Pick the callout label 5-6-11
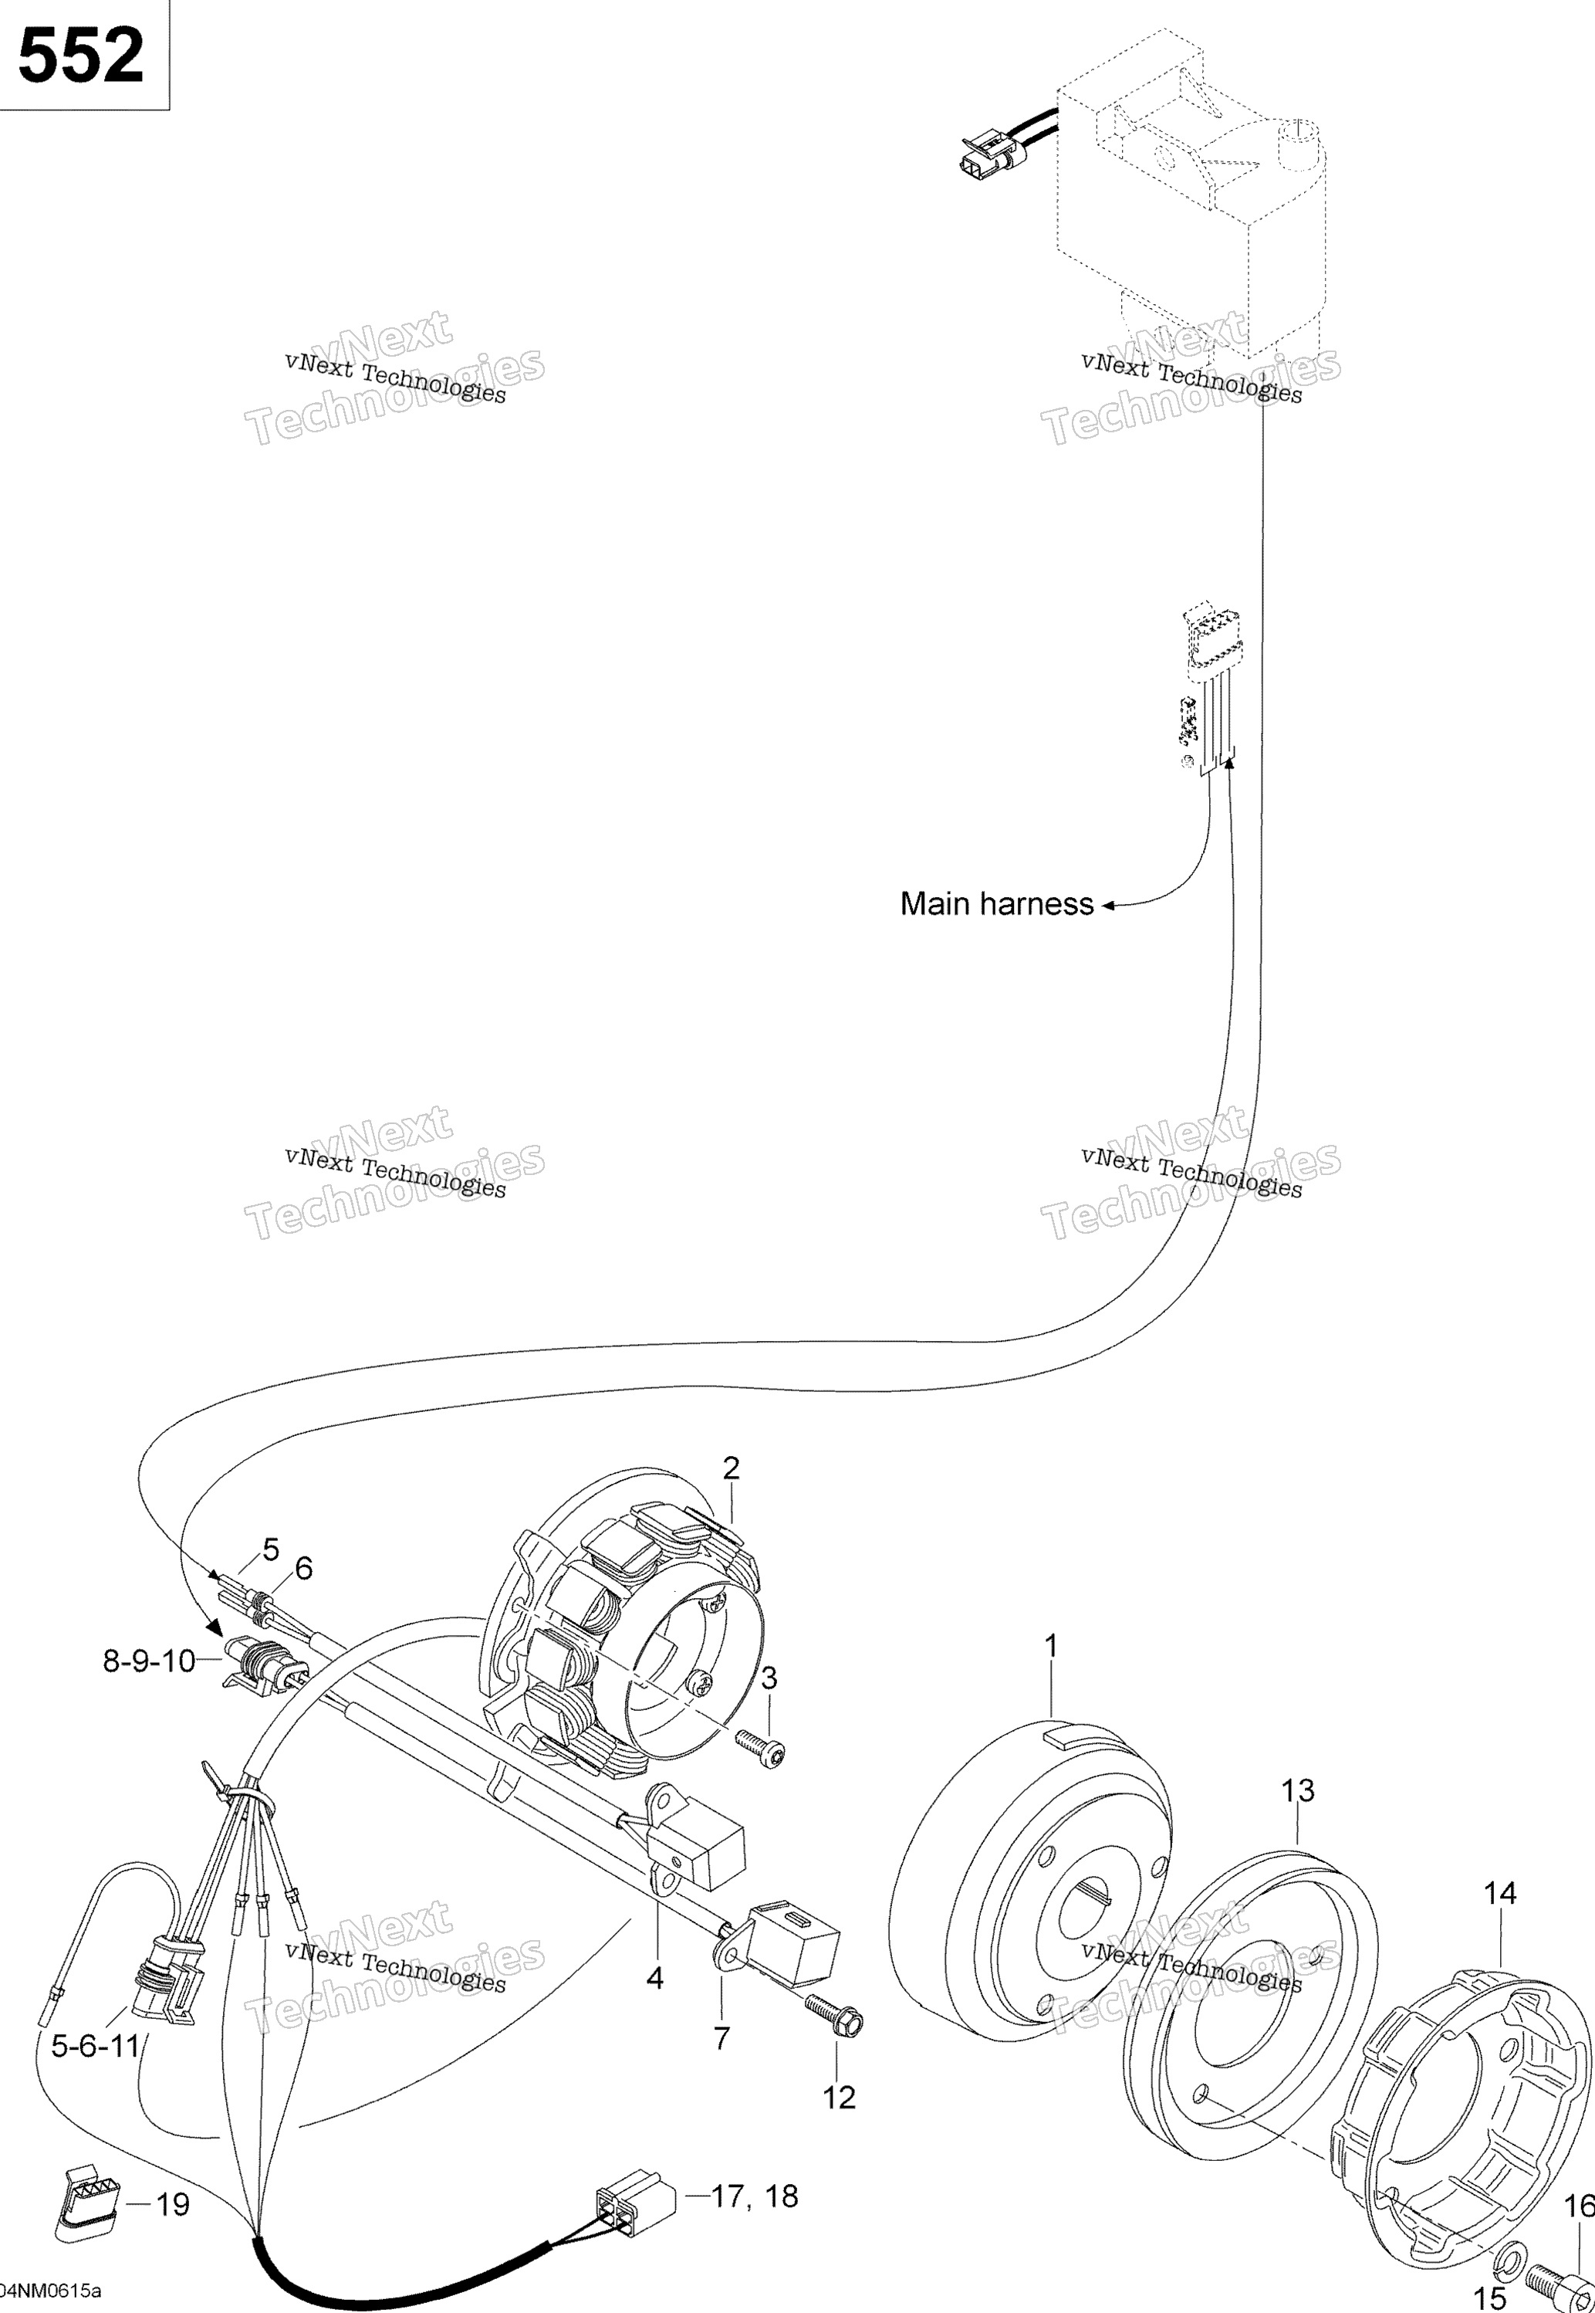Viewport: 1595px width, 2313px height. (96, 2046)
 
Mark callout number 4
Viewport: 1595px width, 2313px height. (654, 1978)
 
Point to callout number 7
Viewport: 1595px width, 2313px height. (721, 2038)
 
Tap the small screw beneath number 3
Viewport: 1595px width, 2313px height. (759, 1743)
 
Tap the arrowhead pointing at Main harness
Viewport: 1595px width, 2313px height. (1107, 906)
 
